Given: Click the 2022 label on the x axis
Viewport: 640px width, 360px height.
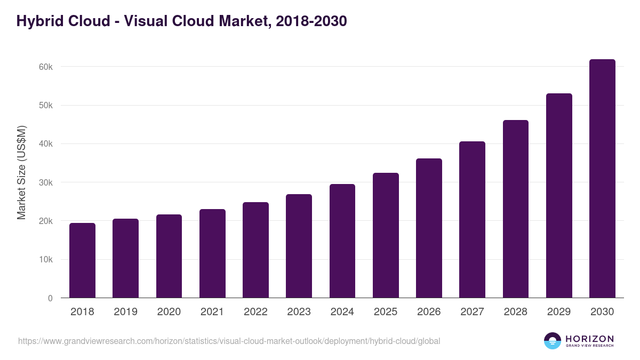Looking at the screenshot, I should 255,312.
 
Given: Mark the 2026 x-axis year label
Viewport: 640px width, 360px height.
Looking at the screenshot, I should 429,312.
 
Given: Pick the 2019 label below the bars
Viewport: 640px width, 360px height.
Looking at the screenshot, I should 125,312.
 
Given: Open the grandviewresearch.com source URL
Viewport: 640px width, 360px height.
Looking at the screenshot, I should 229,341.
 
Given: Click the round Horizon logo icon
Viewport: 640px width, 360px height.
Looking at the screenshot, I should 553,341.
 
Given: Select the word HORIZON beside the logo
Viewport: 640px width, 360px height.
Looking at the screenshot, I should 589,339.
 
